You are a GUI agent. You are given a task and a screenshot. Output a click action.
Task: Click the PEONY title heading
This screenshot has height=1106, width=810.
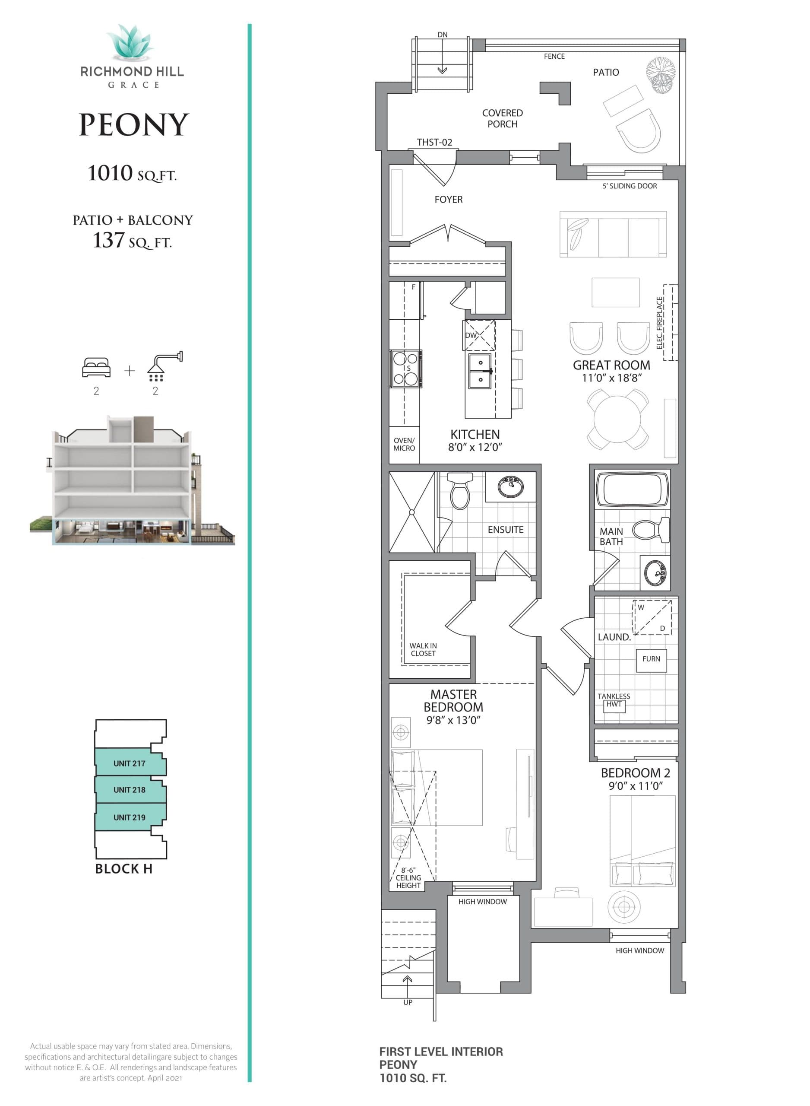[133, 124]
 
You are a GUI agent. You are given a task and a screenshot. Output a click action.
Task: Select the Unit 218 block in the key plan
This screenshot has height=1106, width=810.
[130, 790]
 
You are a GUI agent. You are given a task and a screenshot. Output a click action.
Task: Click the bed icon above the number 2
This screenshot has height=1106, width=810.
[96, 367]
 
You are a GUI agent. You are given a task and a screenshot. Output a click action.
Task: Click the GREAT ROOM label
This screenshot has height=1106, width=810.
[611, 365]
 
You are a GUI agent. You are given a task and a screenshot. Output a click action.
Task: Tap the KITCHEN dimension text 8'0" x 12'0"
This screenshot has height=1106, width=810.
[475, 447]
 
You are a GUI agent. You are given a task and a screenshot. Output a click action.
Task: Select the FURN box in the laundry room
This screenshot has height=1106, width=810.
[651, 659]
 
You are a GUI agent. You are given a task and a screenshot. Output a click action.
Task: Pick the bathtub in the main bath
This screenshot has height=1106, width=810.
[633, 489]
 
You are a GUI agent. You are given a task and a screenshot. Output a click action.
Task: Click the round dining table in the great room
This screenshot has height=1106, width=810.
[617, 420]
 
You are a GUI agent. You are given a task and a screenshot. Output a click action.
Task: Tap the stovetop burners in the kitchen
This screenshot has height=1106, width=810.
[405, 369]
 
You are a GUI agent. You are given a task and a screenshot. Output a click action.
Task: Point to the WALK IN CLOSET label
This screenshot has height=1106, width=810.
[423, 650]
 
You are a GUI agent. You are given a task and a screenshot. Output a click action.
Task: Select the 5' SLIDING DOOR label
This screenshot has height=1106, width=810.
[630, 186]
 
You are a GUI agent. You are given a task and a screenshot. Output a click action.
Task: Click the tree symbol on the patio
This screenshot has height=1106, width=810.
[661, 75]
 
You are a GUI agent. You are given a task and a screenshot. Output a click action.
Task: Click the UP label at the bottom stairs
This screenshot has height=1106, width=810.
[408, 1002]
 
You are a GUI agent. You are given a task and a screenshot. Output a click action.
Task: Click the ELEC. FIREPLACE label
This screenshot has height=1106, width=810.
[660, 323]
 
